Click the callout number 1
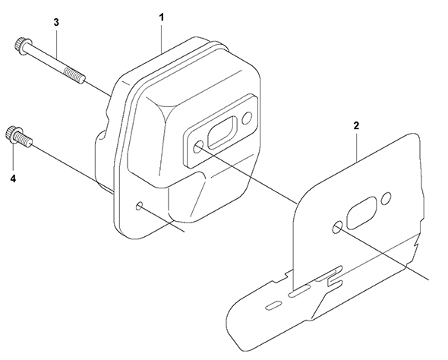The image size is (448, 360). (162, 17)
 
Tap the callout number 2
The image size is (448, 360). (356, 126)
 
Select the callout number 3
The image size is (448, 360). (56, 22)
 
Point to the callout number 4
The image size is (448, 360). (13, 178)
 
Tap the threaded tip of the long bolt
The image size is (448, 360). (75, 75)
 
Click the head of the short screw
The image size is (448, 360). (11, 134)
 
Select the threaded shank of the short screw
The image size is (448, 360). (25, 140)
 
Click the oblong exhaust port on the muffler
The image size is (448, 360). (222, 133)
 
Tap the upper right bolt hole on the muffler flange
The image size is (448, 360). (247, 118)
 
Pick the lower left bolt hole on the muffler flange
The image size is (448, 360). (197, 148)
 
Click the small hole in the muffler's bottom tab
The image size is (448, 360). (140, 206)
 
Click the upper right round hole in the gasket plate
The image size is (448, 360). (387, 197)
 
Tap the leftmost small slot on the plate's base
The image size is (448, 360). (273, 305)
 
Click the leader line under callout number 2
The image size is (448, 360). (357, 146)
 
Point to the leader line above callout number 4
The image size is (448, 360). (13, 158)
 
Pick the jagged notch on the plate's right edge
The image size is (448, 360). (416, 242)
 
